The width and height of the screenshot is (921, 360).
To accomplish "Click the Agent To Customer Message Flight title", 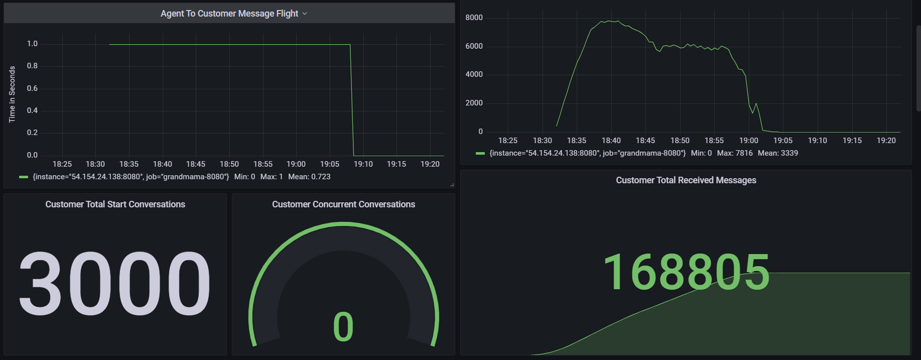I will pos(229,14).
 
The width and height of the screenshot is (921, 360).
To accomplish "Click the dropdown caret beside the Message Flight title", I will pos(305,14).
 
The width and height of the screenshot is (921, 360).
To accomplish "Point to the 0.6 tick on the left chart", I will pos(32,88).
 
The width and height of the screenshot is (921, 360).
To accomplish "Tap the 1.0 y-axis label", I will pos(32,44).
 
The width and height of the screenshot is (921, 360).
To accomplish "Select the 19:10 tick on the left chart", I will pos(363,164).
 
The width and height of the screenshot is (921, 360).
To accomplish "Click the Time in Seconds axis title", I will pos(12,94).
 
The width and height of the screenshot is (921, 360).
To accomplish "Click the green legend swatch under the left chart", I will pos(23,177).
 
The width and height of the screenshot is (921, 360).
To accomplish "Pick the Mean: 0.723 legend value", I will pos(309,177).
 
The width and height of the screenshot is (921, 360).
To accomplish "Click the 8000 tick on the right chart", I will pos(474,18).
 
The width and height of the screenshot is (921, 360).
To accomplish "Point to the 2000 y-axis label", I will pos(474,103).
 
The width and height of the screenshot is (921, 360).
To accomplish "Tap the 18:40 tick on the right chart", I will pos(611,141).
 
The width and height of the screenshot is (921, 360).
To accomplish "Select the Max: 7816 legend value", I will pos(735,153).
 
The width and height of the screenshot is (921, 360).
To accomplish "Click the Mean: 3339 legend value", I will pos(777,153).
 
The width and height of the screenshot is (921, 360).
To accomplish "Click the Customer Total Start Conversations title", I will pos(115,204).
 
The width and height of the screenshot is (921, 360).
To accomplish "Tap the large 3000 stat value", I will pos(115,283).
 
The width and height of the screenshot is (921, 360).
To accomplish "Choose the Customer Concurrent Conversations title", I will pos(343,204).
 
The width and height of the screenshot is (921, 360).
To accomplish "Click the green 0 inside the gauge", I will pos(343,327).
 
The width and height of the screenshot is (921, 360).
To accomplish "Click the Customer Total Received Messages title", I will pos(686,180).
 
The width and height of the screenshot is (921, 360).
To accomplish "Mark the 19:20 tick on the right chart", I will pos(886,141).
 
